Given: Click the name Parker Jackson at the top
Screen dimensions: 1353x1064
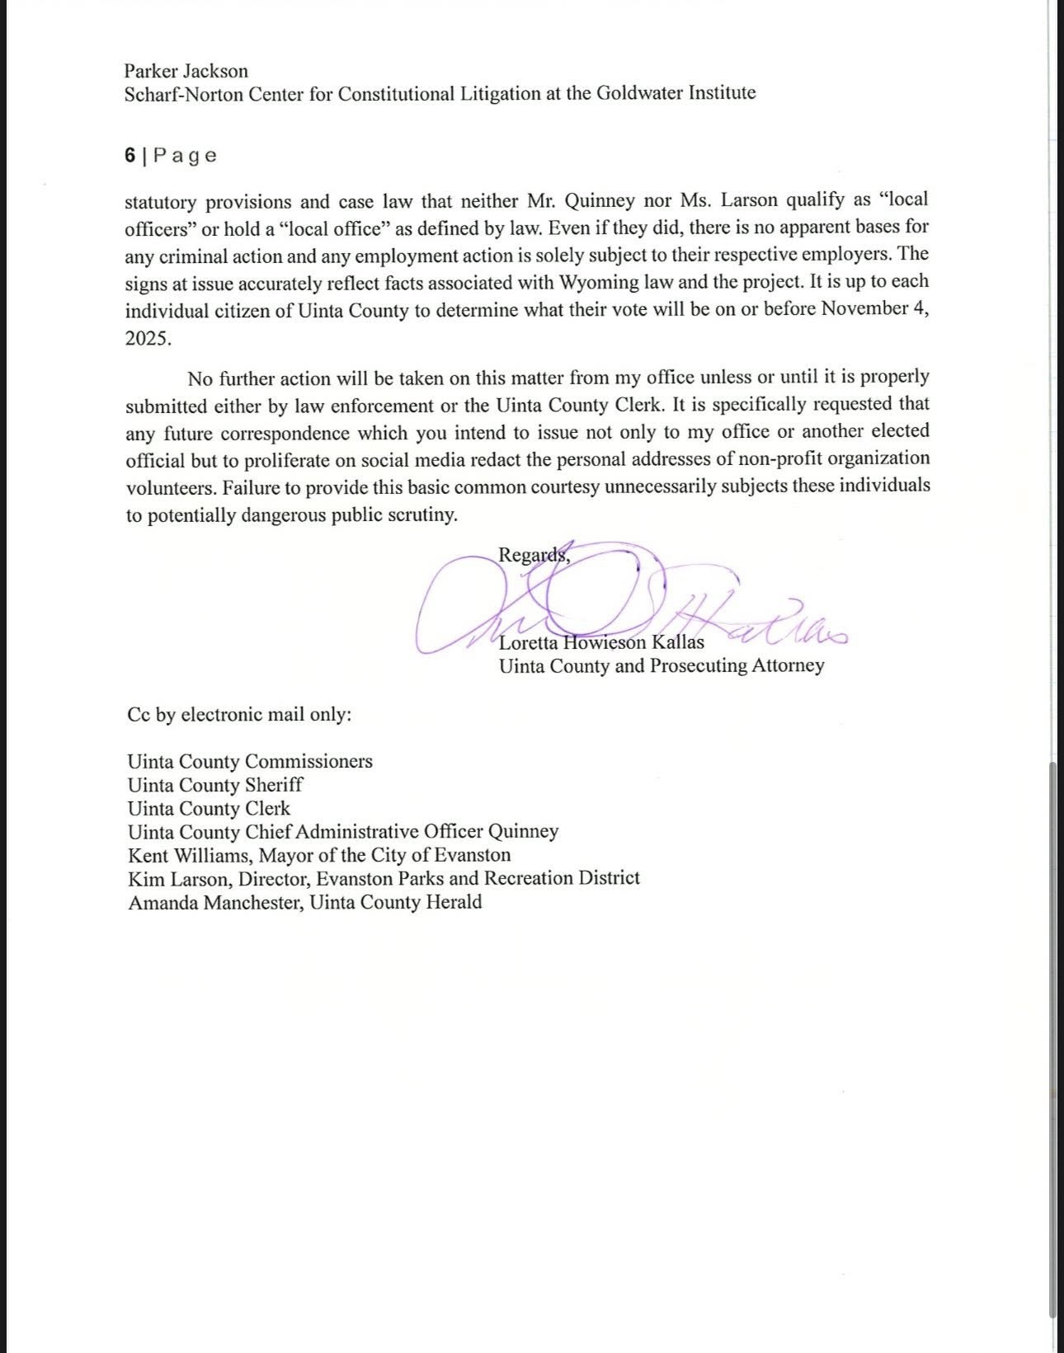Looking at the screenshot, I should [186, 71].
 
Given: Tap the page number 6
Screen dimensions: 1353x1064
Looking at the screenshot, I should [130, 156].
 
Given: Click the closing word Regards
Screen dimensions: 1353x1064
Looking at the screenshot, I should [533, 555].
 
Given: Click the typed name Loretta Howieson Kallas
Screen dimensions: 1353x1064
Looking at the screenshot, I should [601, 642].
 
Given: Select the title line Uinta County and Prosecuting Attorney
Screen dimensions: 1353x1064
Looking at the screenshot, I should [661, 665].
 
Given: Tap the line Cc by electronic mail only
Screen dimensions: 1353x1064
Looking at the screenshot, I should [239, 714].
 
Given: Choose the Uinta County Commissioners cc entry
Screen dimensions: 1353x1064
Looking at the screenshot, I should [250, 761].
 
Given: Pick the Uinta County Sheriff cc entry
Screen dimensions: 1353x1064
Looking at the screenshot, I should [215, 785].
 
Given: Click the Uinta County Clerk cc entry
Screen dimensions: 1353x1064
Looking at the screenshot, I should [209, 808].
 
